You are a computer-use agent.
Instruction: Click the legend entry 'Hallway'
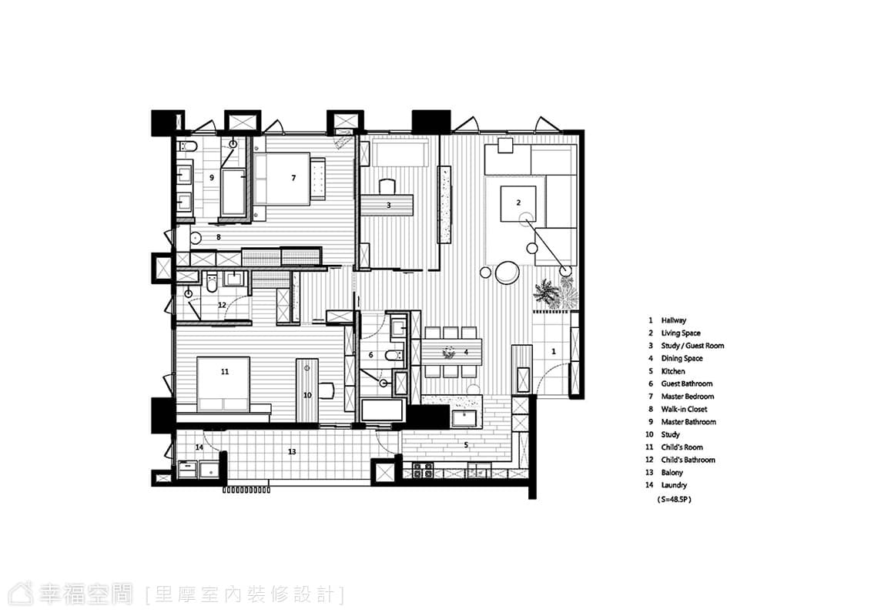click(673, 320)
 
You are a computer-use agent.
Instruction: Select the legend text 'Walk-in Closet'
click(684, 410)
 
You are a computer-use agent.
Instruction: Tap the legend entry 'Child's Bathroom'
click(688, 460)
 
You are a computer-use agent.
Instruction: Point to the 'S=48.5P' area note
click(674, 500)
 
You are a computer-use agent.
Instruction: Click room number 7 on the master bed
click(293, 178)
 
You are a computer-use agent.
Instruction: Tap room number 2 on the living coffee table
click(518, 203)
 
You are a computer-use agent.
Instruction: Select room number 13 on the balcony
click(292, 452)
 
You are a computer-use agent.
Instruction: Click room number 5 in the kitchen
click(466, 445)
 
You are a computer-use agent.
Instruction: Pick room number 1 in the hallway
click(553, 352)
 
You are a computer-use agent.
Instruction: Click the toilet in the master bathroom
click(187, 146)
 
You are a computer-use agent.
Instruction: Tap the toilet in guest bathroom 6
click(394, 355)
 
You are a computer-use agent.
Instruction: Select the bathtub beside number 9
click(233, 192)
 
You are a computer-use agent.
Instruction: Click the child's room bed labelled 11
click(223, 383)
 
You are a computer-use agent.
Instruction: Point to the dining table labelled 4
click(452, 352)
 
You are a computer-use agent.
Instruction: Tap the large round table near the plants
click(508, 273)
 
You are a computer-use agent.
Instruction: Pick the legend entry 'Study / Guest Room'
click(692, 346)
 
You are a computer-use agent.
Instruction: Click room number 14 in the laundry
click(199, 447)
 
